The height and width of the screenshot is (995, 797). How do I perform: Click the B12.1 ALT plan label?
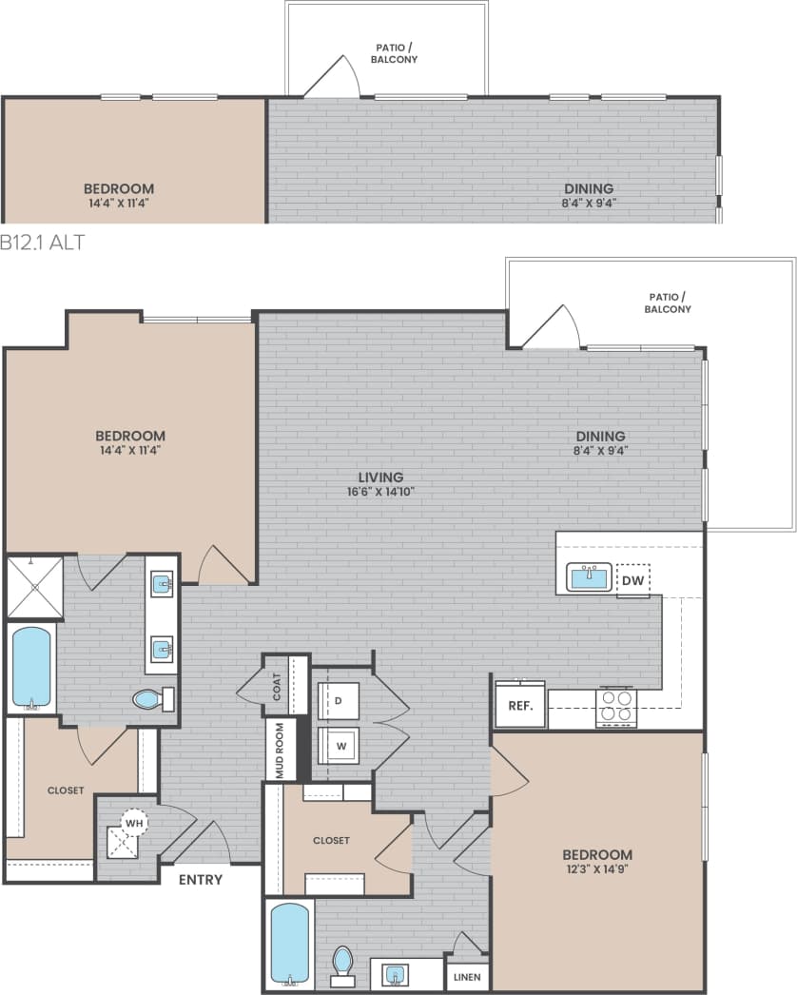coord(43,243)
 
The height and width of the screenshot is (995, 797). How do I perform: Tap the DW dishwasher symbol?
coord(632,579)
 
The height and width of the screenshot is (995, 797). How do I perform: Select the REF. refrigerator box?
coord(519,707)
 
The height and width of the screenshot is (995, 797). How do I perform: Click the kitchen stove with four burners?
coord(615,706)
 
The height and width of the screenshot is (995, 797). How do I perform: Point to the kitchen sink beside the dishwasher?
coord(590,576)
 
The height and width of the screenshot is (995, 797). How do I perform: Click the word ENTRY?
coord(201,880)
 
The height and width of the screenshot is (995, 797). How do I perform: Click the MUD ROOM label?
coord(280,751)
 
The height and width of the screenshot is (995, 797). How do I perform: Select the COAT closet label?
coord(277,687)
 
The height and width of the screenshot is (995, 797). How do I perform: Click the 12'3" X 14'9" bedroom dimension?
coord(596,869)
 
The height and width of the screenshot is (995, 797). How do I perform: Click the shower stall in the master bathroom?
coord(34,587)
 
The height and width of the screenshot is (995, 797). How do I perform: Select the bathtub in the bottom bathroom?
coord(289,943)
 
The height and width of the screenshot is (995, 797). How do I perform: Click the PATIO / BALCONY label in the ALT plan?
coord(395,53)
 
